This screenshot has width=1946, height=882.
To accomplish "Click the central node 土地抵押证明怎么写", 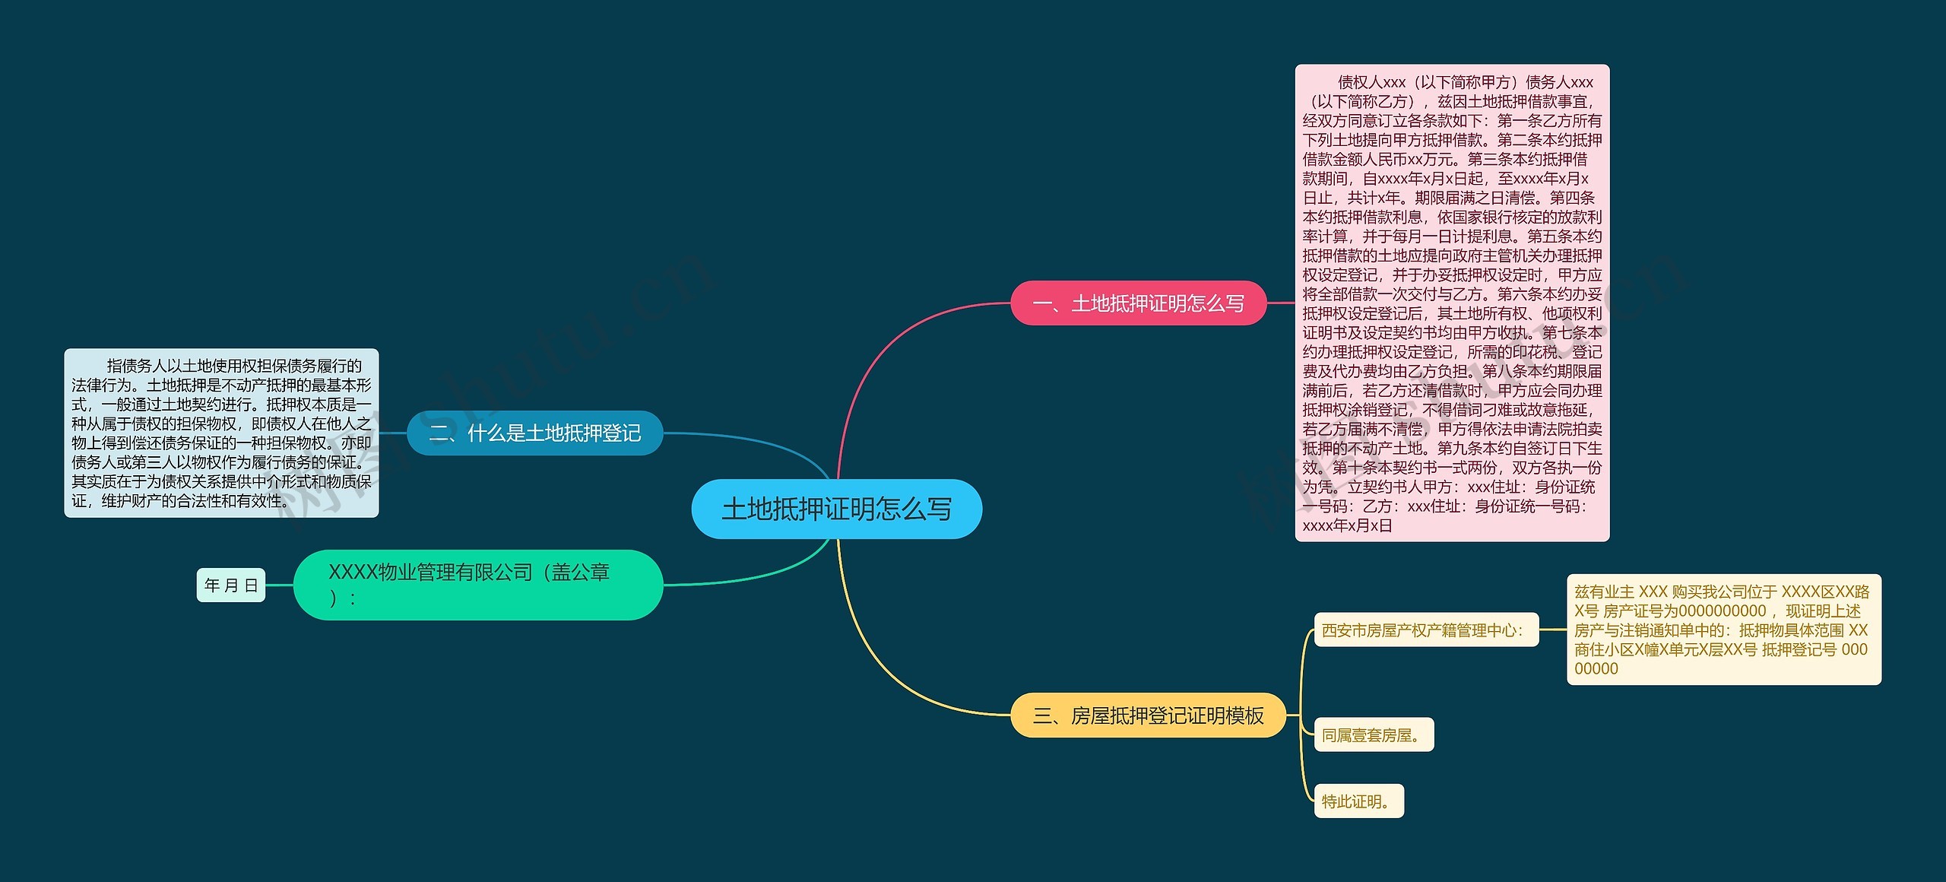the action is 836,509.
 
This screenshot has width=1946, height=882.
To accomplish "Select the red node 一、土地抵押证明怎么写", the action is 1138,303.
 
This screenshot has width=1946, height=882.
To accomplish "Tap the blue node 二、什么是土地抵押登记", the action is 535,433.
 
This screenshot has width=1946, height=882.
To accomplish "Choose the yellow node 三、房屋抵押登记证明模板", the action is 1148,715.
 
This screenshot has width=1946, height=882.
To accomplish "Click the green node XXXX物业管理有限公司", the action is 477,585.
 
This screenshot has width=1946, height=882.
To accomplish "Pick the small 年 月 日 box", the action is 231,585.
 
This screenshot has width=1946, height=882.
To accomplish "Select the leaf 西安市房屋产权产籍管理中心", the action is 1426,630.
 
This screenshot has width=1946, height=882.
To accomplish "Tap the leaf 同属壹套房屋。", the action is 1374,735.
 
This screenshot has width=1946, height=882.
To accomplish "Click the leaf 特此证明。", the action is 1358,801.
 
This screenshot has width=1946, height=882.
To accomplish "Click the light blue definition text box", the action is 221,433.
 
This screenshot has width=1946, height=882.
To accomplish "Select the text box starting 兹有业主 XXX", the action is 1723,630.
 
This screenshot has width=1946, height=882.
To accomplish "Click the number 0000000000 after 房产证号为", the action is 1722,611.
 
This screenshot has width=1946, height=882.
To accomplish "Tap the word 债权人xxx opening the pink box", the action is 1371,82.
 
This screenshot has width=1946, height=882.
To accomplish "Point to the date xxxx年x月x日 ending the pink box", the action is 1347,525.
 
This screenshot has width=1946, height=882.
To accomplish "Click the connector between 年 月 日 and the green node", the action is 279,585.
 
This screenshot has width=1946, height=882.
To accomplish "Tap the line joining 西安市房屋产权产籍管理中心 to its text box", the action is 1553,630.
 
